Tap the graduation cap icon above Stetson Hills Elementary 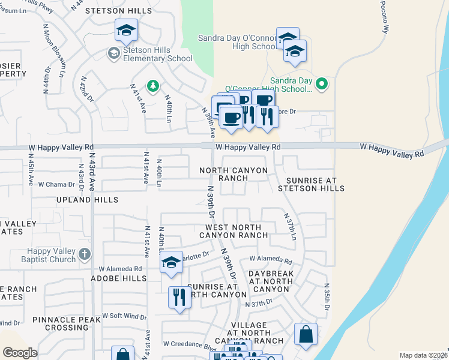[126, 29]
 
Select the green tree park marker [153, 87]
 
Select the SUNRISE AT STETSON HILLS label [311, 184]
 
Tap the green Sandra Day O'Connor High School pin [322, 83]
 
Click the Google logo [20, 353]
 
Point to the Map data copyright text [424, 355]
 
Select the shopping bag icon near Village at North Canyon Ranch [306, 335]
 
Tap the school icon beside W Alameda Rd [171, 262]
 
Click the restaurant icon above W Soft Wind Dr [179, 298]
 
